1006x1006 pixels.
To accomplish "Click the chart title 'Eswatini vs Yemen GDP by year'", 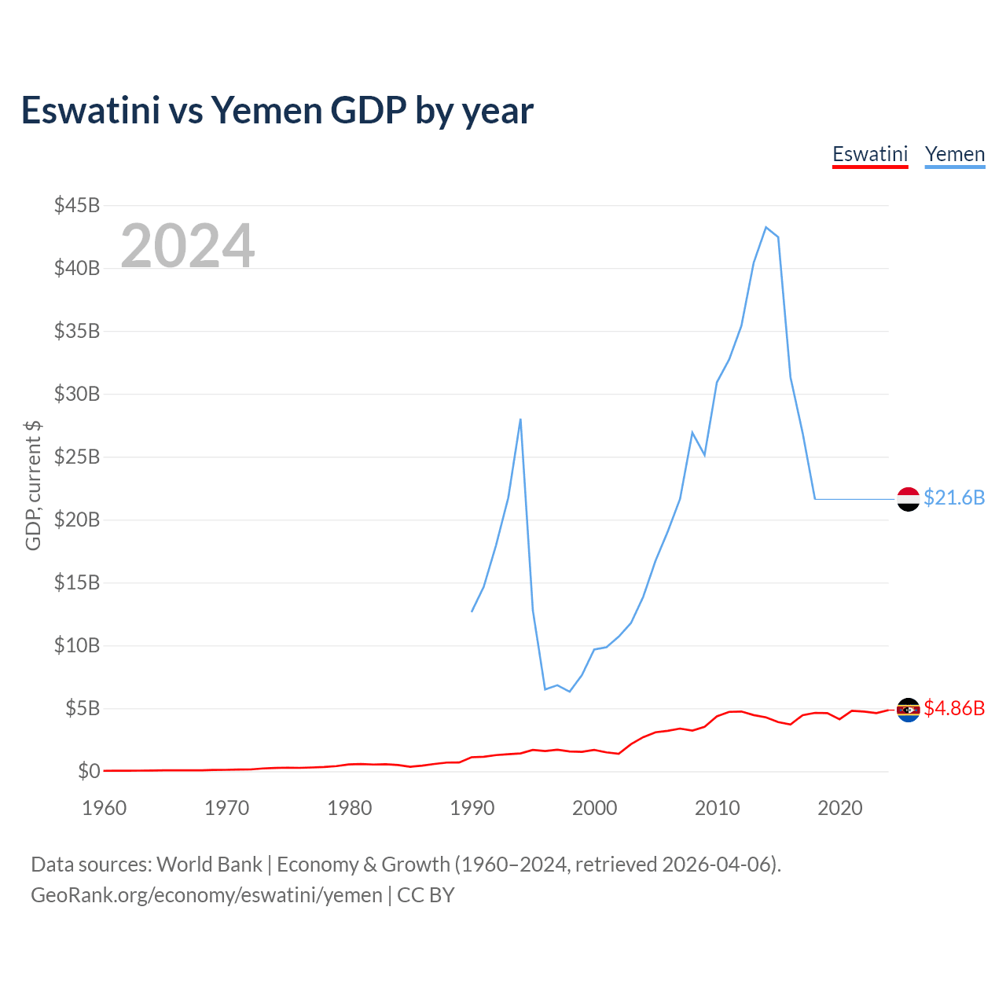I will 277,111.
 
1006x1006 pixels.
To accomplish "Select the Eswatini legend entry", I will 870,154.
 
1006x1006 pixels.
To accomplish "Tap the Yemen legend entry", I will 955,154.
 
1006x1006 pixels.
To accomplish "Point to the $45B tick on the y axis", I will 77,205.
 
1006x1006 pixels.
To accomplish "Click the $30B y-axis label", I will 77,394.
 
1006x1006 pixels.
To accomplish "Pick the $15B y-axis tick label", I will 77,582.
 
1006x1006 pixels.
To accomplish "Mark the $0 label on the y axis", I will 89,771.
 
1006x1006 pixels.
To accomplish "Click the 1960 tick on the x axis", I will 105,808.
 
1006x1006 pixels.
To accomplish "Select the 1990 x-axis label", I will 472,808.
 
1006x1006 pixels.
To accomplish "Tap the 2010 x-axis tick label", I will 718,808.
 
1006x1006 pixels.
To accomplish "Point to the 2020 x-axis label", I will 840,808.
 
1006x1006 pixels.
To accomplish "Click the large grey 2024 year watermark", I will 188,246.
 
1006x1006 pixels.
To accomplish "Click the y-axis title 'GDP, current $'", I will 33,486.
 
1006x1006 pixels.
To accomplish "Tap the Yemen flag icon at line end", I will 908,499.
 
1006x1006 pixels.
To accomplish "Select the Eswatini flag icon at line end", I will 908,710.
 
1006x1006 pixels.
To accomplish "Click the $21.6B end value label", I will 954,497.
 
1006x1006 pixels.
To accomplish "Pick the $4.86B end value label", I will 954,708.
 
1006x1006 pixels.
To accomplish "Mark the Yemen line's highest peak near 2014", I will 766,227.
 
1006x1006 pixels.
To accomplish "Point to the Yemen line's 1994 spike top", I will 520,419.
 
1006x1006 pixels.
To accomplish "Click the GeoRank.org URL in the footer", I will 207,895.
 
